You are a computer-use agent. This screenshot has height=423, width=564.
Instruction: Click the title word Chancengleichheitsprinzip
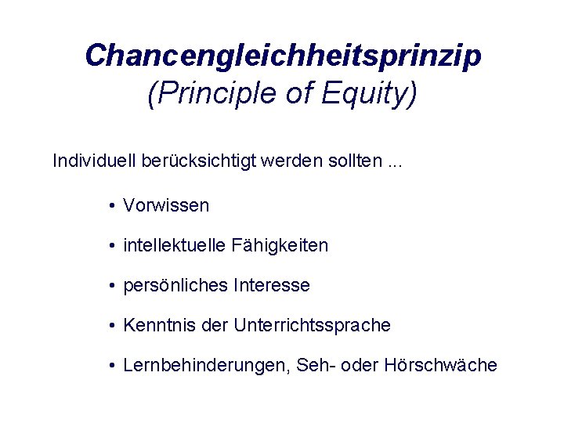(x=283, y=56)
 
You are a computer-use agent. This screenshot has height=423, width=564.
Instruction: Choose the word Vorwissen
(x=166, y=206)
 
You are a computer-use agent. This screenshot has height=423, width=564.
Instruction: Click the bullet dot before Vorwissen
(x=114, y=206)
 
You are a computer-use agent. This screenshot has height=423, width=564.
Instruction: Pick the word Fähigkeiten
(x=280, y=246)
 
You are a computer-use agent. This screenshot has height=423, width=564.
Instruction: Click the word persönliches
(x=176, y=286)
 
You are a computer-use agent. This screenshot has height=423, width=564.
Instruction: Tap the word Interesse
(x=271, y=286)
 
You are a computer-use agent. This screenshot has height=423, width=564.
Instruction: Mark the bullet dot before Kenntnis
(x=114, y=325)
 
